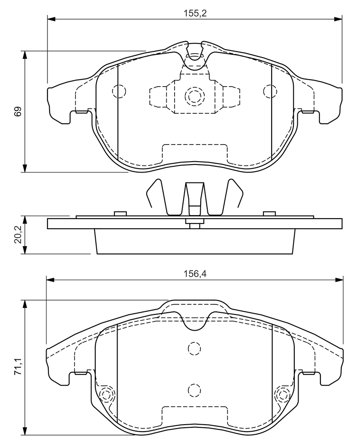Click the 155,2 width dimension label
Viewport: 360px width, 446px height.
[195, 13]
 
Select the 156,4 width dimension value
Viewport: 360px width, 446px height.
[195, 274]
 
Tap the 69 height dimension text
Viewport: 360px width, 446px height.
[18, 111]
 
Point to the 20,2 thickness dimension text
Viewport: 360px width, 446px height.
[18, 235]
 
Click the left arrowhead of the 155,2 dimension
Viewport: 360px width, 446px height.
[50, 19]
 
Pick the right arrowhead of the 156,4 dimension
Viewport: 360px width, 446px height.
[340, 280]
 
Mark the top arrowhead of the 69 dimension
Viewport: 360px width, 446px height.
[25, 55]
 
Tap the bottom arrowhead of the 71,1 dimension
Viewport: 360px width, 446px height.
[25, 431]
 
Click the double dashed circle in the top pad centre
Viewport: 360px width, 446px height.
[195, 96]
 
